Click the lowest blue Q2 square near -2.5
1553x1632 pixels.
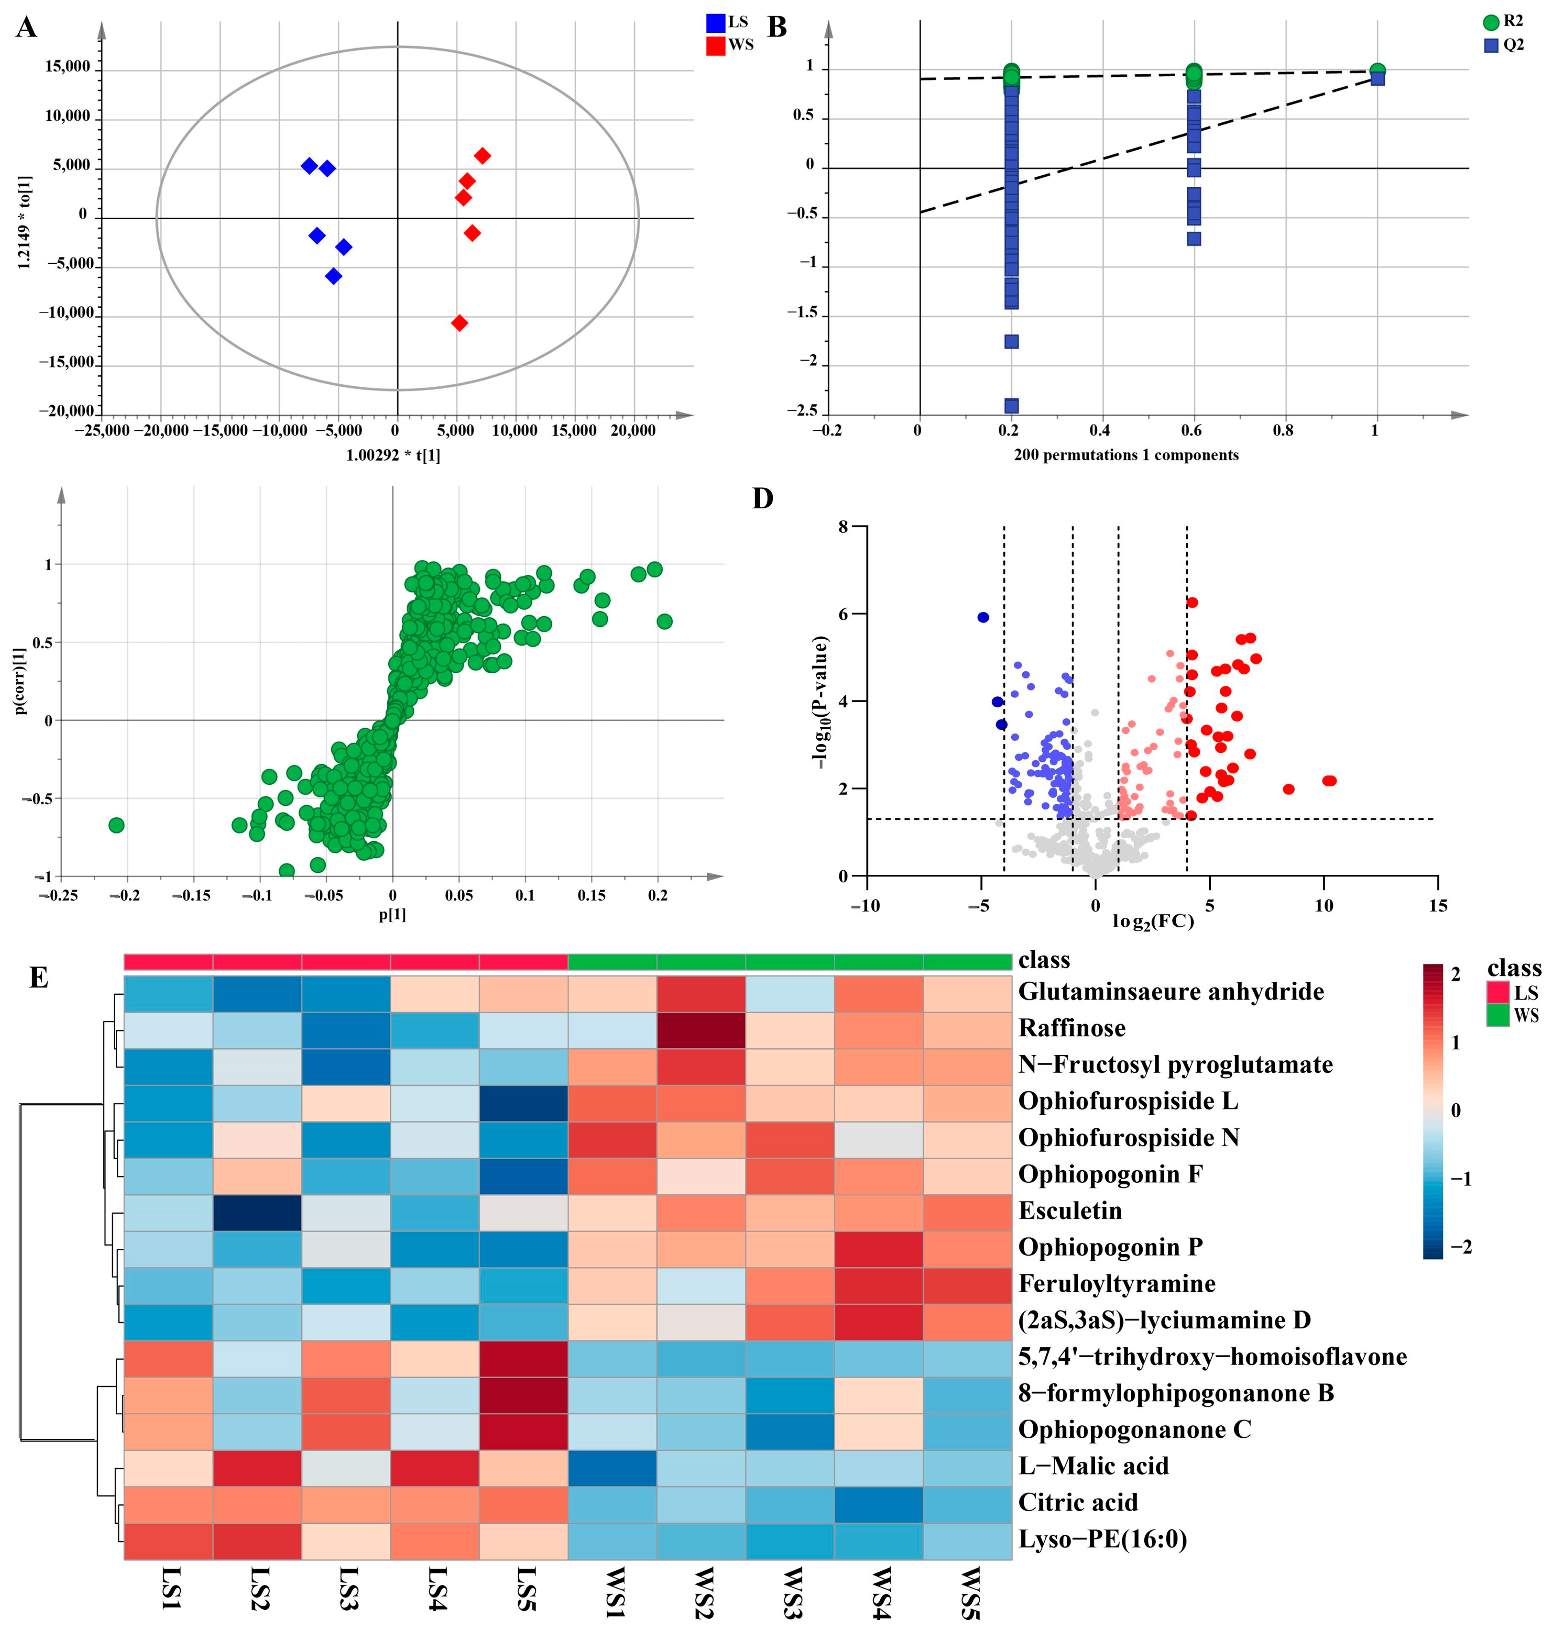(1011, 405)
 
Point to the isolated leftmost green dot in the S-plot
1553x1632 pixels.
(117, 825)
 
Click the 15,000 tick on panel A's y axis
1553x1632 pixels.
(68, 67)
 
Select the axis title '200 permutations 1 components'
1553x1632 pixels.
(1126, 455)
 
